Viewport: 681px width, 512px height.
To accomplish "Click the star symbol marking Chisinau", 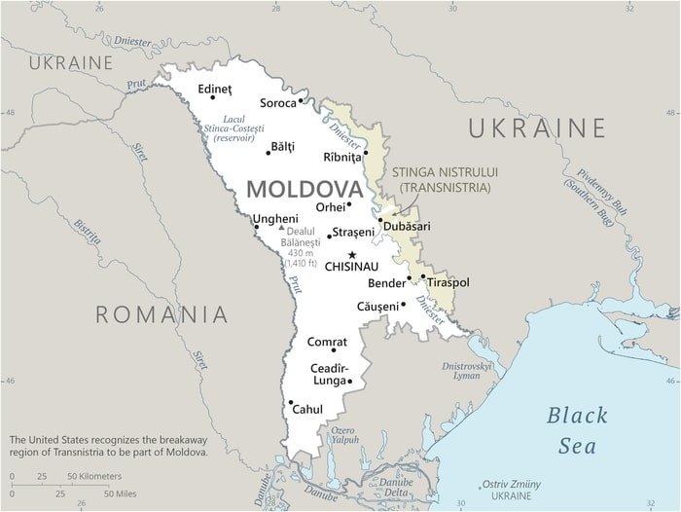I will pyautogui.click(x=352, y=254).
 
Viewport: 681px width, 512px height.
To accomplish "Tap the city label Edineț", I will pyautogui.click(x=215, y=89).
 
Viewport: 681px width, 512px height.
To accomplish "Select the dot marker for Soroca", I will pyautogui.click(x=302, y=100).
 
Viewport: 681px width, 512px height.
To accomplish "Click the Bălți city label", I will pyautogui.click(x=282, y=148).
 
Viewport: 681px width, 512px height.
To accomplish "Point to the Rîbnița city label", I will pyautogui.click(x=341, y=157).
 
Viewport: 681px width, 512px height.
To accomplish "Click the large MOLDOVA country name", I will pyautogui.click(x=305, y=188).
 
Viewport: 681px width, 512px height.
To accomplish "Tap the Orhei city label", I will pyautogui.click(x=331, y=207).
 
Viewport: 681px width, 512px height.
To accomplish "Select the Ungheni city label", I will pyautogui.click(x=275, y=219).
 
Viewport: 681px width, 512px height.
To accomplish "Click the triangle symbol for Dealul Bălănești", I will pyautogui.click(x=282, y=228).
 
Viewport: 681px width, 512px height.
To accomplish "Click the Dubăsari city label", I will pyautogui.click(x=407, y=226).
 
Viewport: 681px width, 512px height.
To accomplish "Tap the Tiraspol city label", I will pyautogui.click(x=448, y=282).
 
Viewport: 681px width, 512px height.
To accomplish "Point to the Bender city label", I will pyautogui.click(x=386, y=284).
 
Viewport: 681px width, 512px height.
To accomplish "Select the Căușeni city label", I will pyautogui.click(x=377, y=306).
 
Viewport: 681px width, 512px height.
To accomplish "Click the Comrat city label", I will pyautogui.click(x=327, y=342).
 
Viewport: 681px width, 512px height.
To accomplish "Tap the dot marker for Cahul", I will pyautogui.click(x=290, y=402).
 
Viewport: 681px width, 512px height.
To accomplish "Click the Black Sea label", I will pyautogui.click(x=576, y=430).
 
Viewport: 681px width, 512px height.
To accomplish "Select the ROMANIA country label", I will pyautogui.click(x=162, y=313).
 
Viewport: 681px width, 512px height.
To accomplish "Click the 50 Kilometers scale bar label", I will pyautogui.click(x=94, y=476).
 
